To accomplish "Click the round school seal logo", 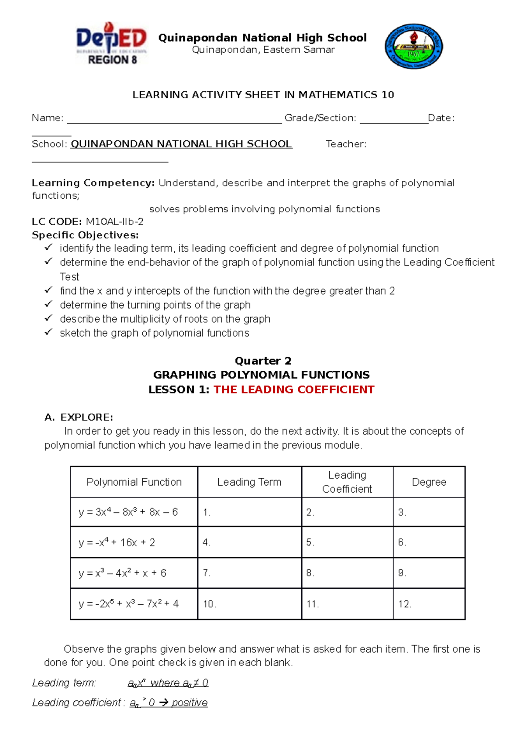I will [x=413, y=47].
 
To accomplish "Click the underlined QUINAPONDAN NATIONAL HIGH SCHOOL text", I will [x=181, y=144].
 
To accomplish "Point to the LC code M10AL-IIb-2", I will [x=114, y=222].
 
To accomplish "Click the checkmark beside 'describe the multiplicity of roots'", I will [x=48, y=318].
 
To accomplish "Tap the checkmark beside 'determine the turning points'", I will [x=48, y=304].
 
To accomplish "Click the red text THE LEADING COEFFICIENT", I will [x=294, y=390].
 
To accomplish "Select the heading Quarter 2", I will [x=263, y=361].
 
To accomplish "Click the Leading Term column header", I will [x=249, y=482].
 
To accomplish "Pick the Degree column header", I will [x=429, y=482].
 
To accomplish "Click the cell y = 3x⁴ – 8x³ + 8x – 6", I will [x=128, y=512].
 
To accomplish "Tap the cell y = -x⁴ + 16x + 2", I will [x=117, y=543].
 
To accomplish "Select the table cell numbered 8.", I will [x=347, y=573].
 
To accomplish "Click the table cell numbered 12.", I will [x=429, y=604].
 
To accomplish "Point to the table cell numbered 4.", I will [x=249, y=543].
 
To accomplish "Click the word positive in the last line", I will [x=189, y=703].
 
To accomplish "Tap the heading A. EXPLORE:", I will [x=79, y=417].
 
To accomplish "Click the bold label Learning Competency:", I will [x=93, y=183].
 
